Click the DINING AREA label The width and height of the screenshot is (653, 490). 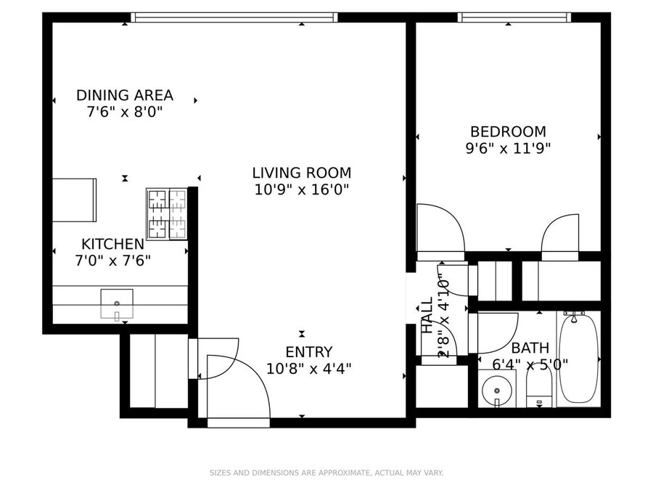125,95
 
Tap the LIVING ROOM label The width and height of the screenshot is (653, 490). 302,173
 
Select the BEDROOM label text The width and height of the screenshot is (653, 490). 508,131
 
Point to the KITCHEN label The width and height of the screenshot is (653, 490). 113,244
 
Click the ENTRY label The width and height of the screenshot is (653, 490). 309,352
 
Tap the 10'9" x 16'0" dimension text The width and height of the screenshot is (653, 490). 302,190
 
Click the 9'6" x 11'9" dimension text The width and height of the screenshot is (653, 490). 508,148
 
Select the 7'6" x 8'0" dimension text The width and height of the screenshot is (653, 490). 125,112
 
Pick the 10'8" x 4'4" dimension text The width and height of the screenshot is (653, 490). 309,369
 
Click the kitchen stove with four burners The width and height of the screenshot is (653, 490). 167,214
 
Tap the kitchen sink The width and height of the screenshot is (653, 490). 117,304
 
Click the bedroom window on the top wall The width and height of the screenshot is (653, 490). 514,17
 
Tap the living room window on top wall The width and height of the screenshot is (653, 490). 234,17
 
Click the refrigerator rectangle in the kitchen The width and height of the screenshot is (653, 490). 74,200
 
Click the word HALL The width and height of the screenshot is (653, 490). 427,315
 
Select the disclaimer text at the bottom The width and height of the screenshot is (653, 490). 326,473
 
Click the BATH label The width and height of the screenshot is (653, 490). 530,348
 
